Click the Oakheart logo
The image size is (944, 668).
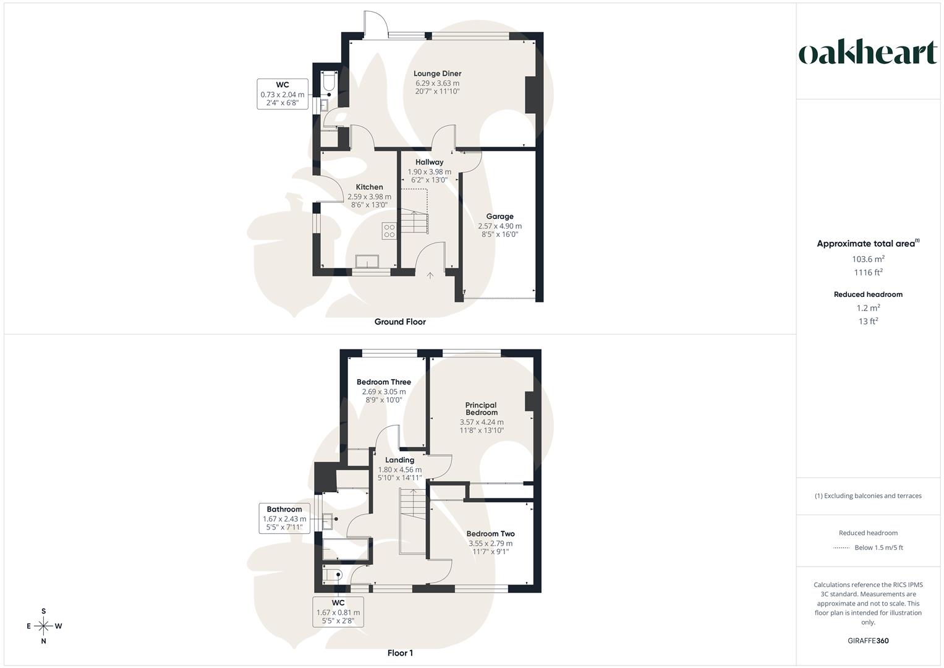click(868, 53)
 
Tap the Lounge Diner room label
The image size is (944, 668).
click(438, 74)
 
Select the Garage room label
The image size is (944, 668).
click(500, 216)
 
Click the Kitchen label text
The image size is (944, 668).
click(369, 187)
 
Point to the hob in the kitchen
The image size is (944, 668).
click(389, 231)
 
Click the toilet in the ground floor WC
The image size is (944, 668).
click(328, 82)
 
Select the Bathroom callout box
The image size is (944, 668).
click(284, 518)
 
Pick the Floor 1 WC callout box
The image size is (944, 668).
click(338, 612)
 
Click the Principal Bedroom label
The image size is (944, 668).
click(482, 409)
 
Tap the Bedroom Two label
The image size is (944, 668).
click(490, 534)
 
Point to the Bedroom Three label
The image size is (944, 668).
click(384, 382)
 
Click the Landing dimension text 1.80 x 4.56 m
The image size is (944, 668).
click(400, 469)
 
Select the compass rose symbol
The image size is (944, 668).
click(44, 626)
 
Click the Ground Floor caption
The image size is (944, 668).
click(400, 322)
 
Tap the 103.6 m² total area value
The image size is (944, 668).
click(868, 259)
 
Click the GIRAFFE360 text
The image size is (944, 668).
click(868, 641)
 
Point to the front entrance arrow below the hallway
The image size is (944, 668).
click(430, 275)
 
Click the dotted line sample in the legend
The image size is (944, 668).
click(841, 547)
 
